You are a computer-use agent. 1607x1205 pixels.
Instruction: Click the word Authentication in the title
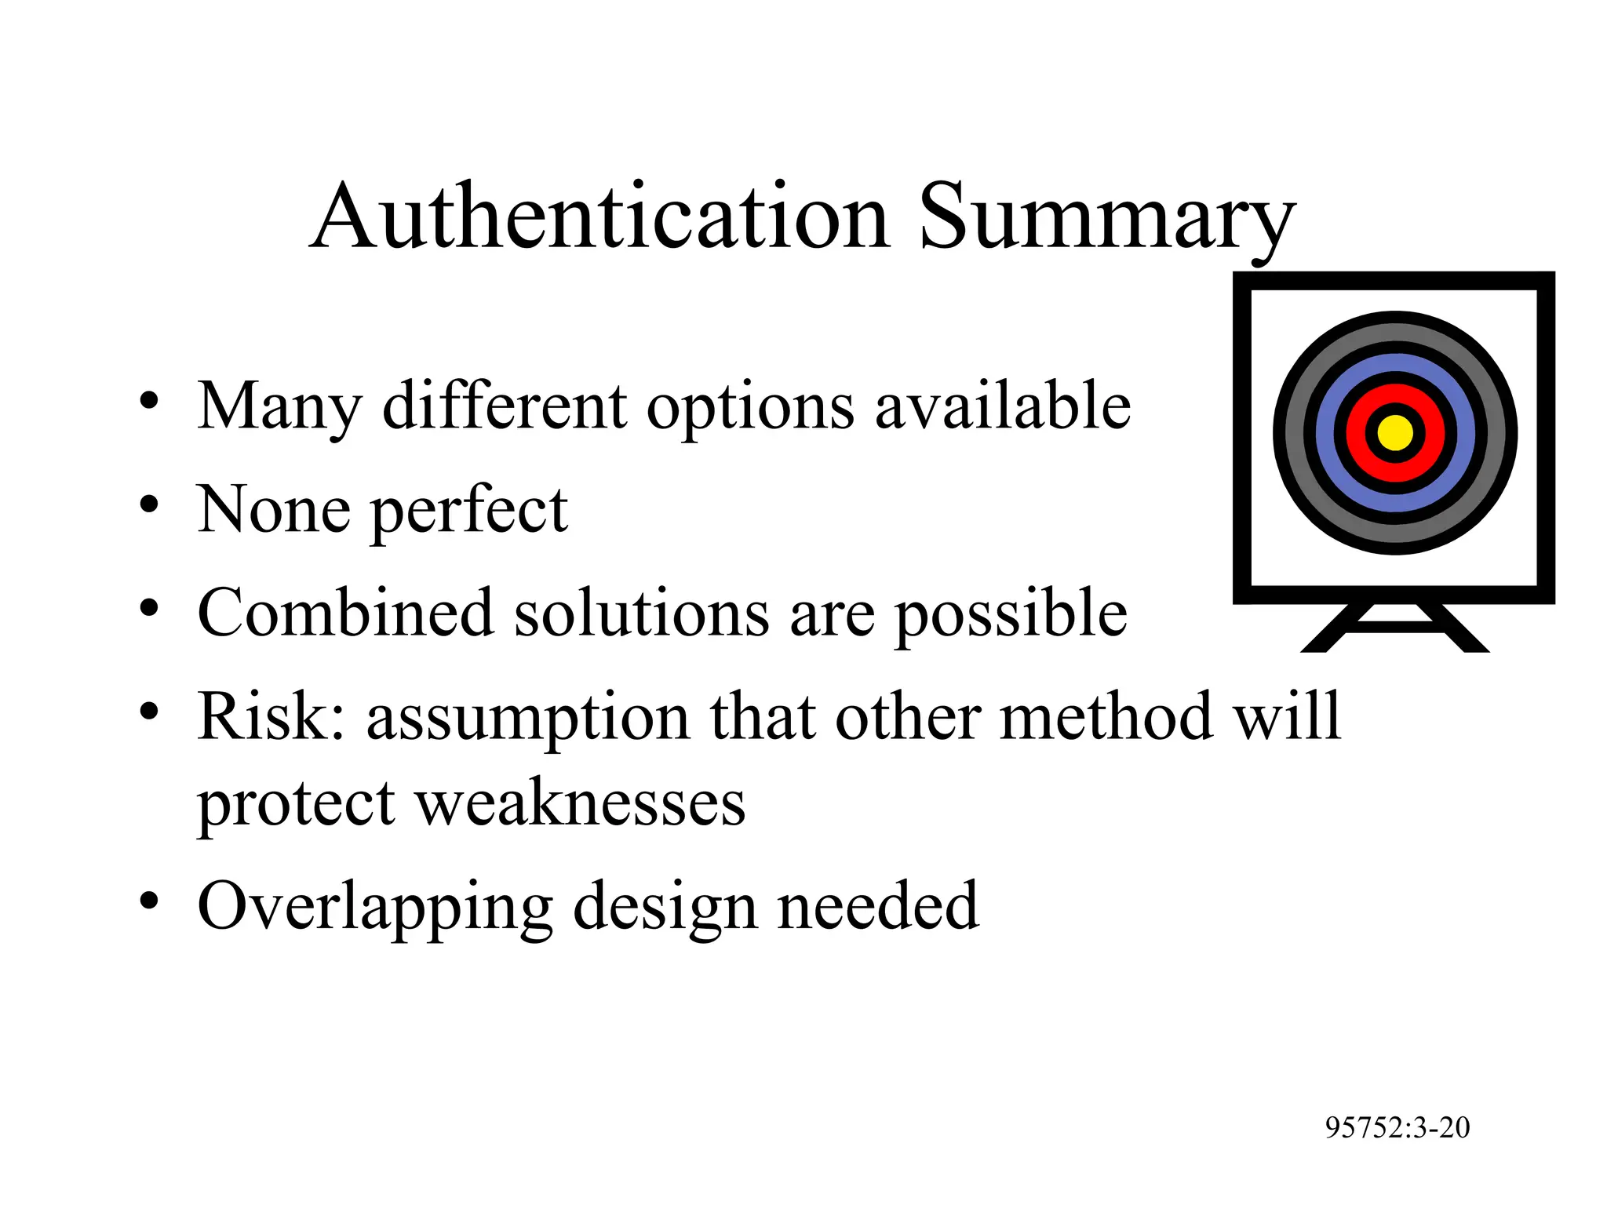(600, 217)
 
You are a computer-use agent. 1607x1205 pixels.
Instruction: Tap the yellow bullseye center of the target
(1395, 433)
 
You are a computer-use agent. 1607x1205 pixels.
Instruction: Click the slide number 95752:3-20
(1397, 1127)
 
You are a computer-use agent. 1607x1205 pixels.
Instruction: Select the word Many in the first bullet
(279, 406)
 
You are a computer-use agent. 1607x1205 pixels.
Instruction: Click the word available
(1003, 406)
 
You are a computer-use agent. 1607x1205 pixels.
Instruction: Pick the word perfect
(469, 511)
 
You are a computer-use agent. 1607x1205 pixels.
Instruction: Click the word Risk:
(271, 716)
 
